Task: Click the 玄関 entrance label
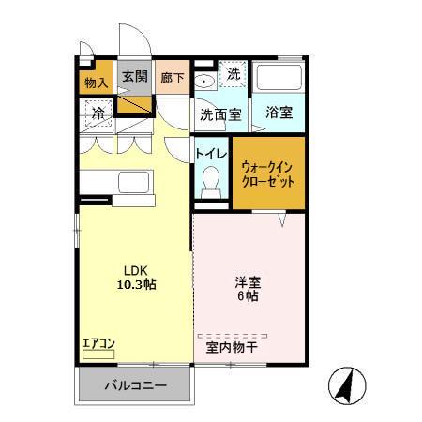tap(134, 76)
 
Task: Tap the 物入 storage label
tap(96, 83)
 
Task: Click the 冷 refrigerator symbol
tap(97, 113)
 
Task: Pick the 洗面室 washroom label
tap(219, 114)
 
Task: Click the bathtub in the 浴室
tap(279, 79)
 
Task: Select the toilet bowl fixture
tap(212, 178)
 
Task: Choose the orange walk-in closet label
tap(268, 173)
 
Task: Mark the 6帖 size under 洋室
tap(249, 295)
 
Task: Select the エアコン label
tap(98, 343)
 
